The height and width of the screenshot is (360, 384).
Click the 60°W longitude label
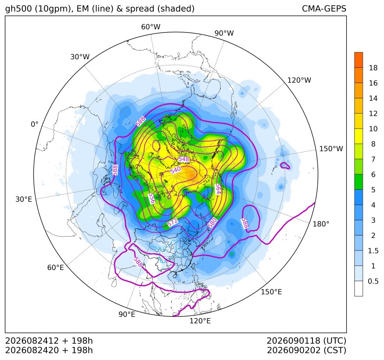pyautogui.click(x=150, y=27)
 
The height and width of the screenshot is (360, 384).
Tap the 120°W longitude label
pyautogui.click(x=299, y=80)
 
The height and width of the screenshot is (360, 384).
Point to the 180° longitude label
pyautogui.click(x=321, y=224)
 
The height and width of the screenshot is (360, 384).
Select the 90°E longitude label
pyautogui.click(x=127, y=314)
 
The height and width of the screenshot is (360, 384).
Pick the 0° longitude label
pyautogui.click(x=34, y=124)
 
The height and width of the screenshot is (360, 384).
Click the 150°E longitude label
pyautogui.click(x=271, y=292)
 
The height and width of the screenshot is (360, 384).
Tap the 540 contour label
pyautogui.click(x=176, y=170)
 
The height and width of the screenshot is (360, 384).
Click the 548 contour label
pyautogui.click(x=184, y=159)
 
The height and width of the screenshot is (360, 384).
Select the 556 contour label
pyautogui.click(x=152, y=198)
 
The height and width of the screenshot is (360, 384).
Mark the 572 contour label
pyautogui.click(x=173, y=223)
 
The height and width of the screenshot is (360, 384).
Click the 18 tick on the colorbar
pyautogui.click(x=373, y=68)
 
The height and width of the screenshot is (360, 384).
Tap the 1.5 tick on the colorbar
pyautogui.click(x=373, y=251)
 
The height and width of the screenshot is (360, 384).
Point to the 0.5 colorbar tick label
pyautogui.click(x=373, y=281)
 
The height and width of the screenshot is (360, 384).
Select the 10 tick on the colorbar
pyautogui.click(x=373, y=129)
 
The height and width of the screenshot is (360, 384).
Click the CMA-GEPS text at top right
pyautogui.click(x=324, y=8)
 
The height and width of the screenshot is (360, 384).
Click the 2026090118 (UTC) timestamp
pyautogui.click(x=306, y=341)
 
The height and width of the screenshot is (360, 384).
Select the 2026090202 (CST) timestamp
pyautogui.click(x=306, y=350)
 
